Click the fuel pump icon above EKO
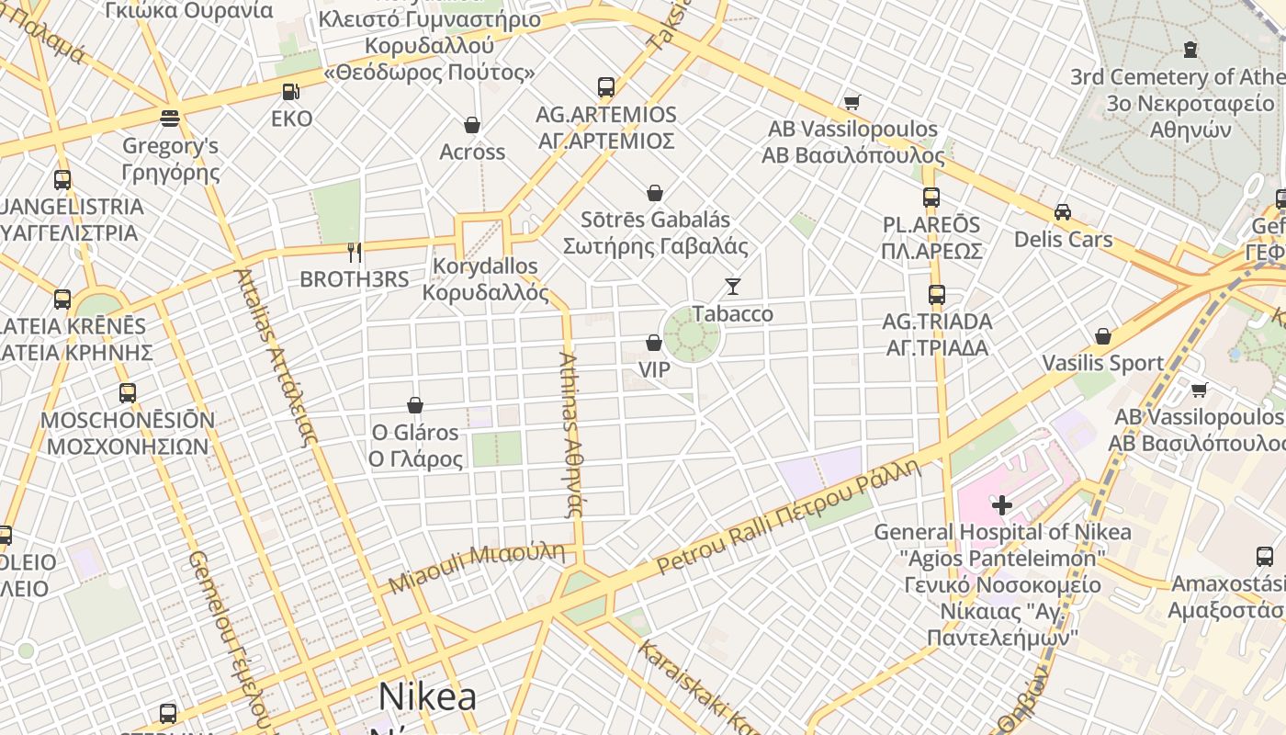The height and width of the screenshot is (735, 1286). (289, 92)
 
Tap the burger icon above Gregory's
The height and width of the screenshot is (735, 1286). (170, 118)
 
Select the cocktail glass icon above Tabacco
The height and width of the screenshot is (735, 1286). (732, 287)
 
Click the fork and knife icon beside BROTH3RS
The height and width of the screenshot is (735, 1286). (355, 253)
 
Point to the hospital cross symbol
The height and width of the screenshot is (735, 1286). (1002, 504)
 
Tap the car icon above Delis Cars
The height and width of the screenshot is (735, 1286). (1063, 212)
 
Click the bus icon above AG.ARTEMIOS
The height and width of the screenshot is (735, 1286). (606, 87)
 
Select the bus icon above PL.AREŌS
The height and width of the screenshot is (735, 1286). (931, 198)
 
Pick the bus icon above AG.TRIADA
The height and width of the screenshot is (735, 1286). (937, 295)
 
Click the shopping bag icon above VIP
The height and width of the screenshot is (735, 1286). (654, 343)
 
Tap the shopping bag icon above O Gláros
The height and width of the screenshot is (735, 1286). (415, 405)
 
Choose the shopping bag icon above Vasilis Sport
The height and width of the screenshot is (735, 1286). (1103, 336)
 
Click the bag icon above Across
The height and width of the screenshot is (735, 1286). (472, 125)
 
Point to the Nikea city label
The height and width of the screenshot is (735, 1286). (427, 696)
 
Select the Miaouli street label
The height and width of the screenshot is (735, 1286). (476, 567)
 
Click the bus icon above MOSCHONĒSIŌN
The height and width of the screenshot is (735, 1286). (128, 393)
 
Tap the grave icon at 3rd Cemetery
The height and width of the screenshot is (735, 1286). (1190, 49)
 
